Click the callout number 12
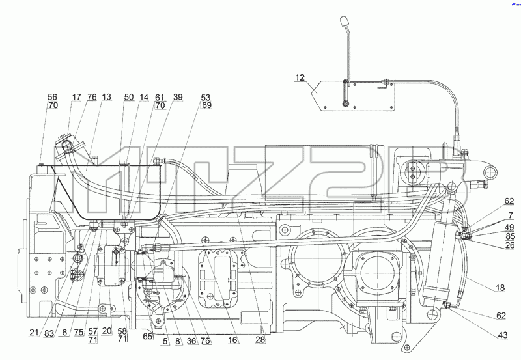[x=300, y=77]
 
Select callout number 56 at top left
[x=53, y=97]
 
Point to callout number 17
[x=76, y=97]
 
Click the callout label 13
[x=106, y=97]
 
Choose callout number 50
[x=129, y=97]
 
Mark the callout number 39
[x=178, y=97]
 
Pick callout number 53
[x=206, y=97]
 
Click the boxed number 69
[x=206, y=105]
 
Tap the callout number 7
[x=511, y=216]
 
